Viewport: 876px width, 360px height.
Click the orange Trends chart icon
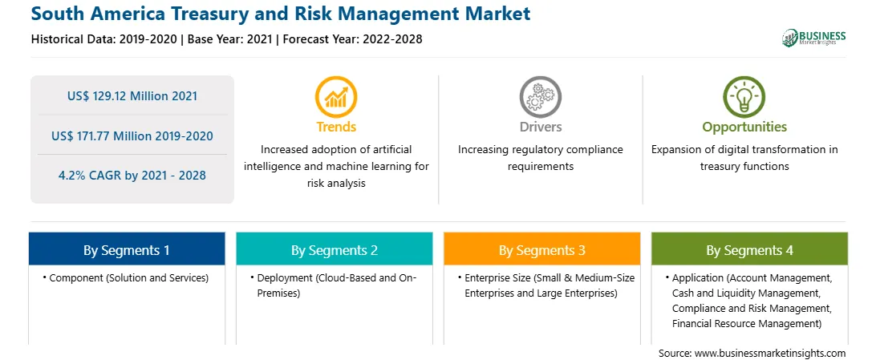[336, 96]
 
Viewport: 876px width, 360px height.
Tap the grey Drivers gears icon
[540, 96]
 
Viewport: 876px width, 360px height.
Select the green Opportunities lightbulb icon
[744, 96]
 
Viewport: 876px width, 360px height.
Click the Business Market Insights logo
[814, 38]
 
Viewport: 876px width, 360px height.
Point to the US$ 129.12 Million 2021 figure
[132, 96]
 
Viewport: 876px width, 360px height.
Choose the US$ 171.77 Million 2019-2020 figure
[132, 136]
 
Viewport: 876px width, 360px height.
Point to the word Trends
[336, 127]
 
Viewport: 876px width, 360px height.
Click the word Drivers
[540, 127]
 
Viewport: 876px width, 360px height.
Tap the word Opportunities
[744, 127]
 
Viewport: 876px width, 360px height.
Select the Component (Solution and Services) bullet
[126, 278]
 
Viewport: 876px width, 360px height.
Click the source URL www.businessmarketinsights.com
[770, 353]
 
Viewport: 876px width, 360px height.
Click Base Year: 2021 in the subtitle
[230, 39]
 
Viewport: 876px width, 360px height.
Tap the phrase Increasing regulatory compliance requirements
[540, 158]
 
